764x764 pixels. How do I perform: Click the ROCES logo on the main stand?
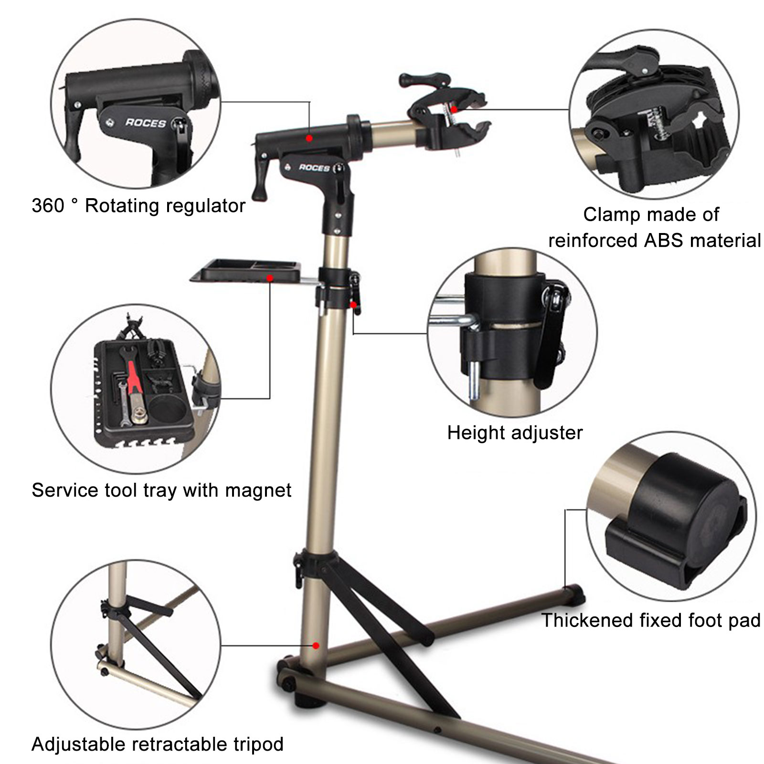(x=314, y=168)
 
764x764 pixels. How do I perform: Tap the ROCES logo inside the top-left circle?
(x=146, y=123)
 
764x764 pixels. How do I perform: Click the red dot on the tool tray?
(x=270, y=277)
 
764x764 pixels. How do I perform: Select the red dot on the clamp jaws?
(x=454, y=109)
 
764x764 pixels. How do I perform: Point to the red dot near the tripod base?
(x=316, y=646)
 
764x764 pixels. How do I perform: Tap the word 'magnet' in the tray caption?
(x=260, y=491)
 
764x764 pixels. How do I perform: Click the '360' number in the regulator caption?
(x=48, y=206)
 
